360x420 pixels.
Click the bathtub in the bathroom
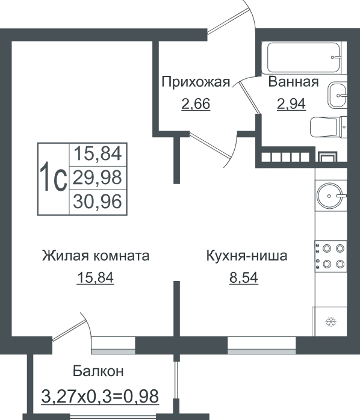304,58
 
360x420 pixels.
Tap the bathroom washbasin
337,95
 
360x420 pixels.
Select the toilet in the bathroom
328,127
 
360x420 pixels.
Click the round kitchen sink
330,196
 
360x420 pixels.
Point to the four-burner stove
331,256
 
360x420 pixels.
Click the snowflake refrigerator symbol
331,322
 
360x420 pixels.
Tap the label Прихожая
196,82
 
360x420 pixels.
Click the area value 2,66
196,104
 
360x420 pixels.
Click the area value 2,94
291,104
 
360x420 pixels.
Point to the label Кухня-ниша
247,256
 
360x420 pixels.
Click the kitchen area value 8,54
244,278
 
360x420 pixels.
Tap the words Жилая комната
96,256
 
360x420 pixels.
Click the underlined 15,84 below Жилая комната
96,278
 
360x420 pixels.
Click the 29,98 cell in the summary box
98,178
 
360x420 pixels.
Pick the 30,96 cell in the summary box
98,202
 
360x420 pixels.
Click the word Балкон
98,371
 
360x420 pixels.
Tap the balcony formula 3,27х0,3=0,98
100,397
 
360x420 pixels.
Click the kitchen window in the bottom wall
262,345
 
